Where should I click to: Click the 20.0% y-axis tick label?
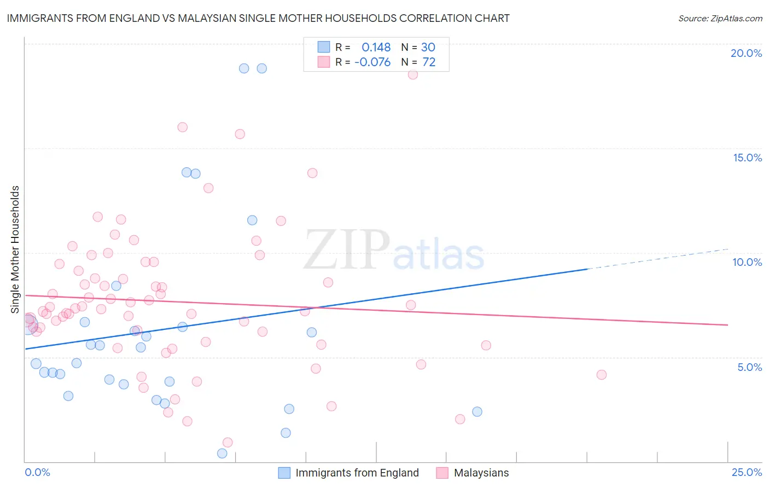[x=746, y=53]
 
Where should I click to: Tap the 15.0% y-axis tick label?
[x=747, y=158]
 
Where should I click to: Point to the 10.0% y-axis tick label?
[x=747, y=262]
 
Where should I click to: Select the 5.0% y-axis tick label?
[x=749, y=367]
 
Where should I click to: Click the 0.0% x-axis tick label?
[x=37, y=472]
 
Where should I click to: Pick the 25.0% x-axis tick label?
[x=747, y=472]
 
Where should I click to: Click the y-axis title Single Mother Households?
[x=15, y=249]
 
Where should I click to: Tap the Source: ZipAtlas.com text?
[x=720, y=19]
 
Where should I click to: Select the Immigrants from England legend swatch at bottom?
[x=284, y=473]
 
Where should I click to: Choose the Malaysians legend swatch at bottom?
[x=442, y=473]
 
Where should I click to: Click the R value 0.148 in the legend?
[x=376, y=48]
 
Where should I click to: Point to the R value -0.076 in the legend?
[x=372, y=62]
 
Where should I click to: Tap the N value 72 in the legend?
[x=429, y=62]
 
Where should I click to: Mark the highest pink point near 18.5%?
[x=413, y=74]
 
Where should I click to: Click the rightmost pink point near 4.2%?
[x=602, y=375]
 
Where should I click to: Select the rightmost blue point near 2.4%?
[x=477, y=411]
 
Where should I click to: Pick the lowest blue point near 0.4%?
[x=222, y=453]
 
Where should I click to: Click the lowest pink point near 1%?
[x=228, y=442]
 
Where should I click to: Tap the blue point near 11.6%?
[x=252, y=220]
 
